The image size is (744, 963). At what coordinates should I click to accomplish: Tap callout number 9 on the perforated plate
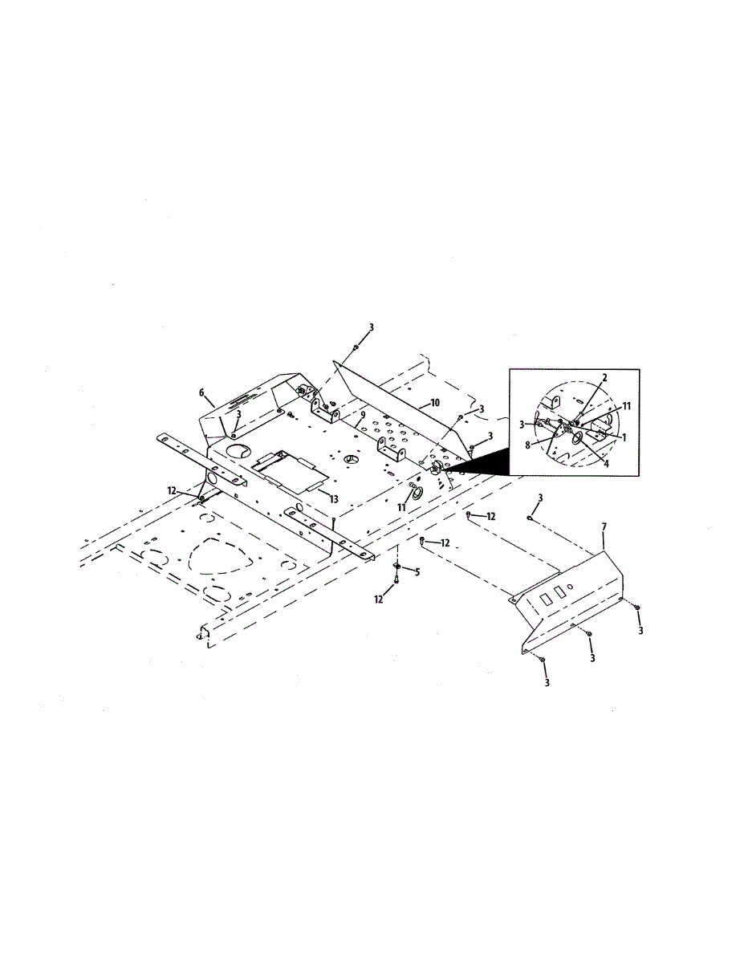click(363, 415)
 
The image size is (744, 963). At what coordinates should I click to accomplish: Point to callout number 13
click(333, 498)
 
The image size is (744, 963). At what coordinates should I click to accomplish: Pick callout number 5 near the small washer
click(416, 571)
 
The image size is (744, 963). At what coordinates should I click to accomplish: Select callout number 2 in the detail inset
click(604, 376)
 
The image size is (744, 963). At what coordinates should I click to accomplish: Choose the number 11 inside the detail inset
click(626, 406)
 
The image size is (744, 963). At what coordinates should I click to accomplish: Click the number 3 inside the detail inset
click(523, 424)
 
